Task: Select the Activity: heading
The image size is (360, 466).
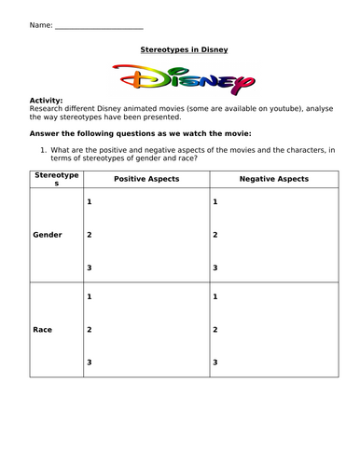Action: tap(47, 100)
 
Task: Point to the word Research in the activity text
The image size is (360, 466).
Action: tap(48, 108)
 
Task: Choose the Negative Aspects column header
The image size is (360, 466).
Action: tap(273, 178)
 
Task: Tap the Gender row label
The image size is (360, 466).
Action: tap(48, 235)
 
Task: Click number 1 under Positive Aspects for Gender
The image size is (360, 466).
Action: tap(89, 202)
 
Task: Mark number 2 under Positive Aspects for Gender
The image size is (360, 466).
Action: tap(89, 235)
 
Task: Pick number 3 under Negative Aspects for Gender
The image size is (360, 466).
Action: tap(215, 267)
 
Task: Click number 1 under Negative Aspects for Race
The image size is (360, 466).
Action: tap(215, 296)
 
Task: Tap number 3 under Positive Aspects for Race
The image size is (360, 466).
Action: tap(89, 362)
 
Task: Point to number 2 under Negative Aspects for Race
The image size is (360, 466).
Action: tap(215, 329)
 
